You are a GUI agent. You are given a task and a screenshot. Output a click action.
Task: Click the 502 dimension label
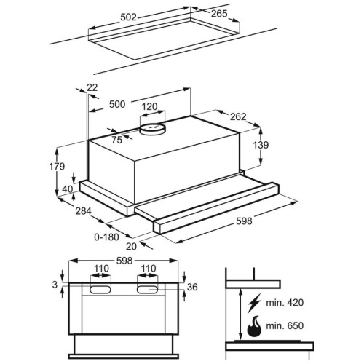pos(129,17)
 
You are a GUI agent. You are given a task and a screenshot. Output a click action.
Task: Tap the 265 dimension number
pos(219,14)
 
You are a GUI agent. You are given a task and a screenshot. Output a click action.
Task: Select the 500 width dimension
pos(117,104)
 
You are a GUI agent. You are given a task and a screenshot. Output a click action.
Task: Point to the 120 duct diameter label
pos(149,106)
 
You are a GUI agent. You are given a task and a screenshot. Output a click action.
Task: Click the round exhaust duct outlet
pos(152,128)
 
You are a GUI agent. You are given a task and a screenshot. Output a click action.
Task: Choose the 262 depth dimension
pos(238,116)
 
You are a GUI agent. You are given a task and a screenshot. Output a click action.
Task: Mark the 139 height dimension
pos(261,145)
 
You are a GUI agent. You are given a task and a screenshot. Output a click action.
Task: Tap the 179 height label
pos(57,167)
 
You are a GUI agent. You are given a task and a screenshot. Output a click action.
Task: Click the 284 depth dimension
pos(83,211)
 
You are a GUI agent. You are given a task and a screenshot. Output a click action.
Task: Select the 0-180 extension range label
pos(106,237)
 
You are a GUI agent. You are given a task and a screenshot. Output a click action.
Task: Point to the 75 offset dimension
pos(116,140)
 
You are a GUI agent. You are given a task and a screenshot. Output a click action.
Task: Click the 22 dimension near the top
pos(92,87)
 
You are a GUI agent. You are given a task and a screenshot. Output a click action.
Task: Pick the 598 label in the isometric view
pos(244,221)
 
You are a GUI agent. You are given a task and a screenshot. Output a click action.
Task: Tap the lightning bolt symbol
pos(254,303)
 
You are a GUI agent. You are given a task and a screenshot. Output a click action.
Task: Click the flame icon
pos(254,326)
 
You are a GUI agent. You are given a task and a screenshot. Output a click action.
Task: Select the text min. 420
pos(285,303)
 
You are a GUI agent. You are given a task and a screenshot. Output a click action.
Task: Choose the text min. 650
pos(285,325)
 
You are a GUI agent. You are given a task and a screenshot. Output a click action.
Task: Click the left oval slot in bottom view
pos(100,290)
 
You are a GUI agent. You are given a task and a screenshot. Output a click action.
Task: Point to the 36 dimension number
pos(192,287)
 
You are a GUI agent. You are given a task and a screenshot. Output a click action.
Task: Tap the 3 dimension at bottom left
pos(55,285)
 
